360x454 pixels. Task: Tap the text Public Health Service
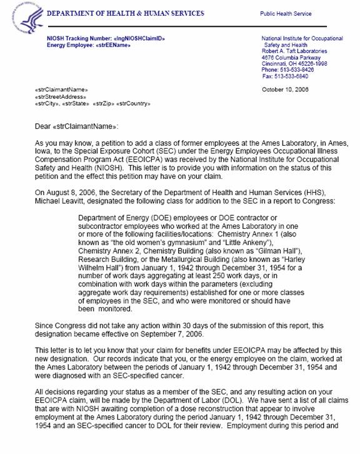(x=289, y=13)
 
